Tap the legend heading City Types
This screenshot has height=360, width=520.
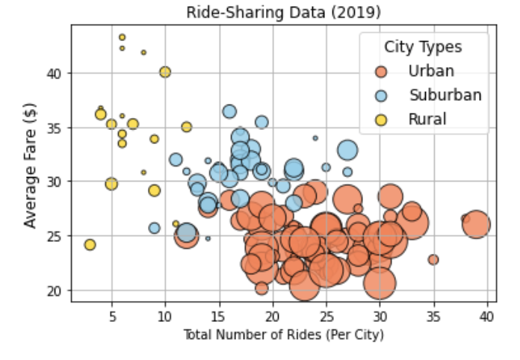(423, 47)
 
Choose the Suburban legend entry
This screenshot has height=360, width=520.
(445, 95)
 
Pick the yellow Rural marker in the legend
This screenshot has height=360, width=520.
(382, 119)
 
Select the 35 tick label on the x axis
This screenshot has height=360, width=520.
(433, 316)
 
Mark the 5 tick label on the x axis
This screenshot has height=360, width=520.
(112, 316)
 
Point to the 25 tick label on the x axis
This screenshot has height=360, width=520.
(326, 316)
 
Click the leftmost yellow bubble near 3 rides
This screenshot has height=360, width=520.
(90, 245)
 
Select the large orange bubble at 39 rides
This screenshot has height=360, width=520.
(476, 224)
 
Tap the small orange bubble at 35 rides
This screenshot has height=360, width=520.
(433, 260)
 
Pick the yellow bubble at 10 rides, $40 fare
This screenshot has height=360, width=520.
(165, 72)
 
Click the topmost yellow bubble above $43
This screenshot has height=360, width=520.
(123, 37)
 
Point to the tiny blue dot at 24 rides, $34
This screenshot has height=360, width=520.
(315, 138)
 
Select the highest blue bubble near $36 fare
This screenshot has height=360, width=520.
(229, 112)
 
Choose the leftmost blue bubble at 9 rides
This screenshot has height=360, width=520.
(155, 228)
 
